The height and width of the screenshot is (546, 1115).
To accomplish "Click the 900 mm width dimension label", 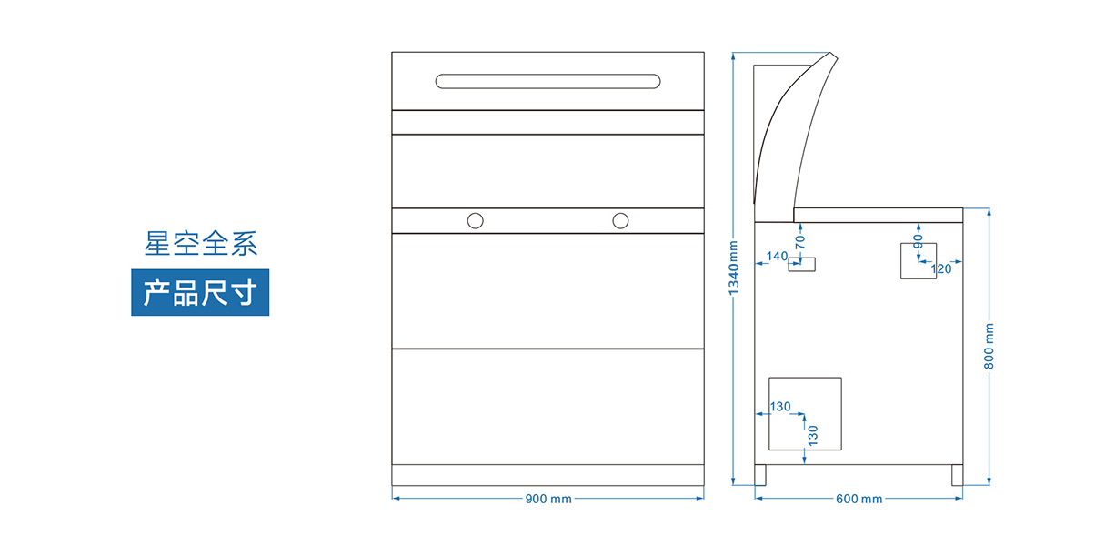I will (x=548, y=499).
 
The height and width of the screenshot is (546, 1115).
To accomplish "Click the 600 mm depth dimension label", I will (x=859, y=499).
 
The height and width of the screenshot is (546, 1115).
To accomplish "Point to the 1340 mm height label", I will (x=735, y=267).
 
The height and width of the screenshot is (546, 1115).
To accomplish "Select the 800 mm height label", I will (x=989, y=347).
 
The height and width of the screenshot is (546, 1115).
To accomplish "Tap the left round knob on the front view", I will (x=475, y=220).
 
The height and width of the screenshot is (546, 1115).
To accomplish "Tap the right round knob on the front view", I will (x=620, y=220).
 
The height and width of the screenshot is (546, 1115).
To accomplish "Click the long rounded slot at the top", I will (x=548, y=81).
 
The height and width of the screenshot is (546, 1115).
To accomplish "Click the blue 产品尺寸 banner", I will (x=200, y=293).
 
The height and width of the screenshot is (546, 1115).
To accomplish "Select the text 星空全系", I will (x=201, y=244).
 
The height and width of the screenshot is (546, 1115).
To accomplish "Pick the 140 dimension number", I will (x=777, y=257).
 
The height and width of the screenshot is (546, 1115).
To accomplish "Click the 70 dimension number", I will (x=800, y=242).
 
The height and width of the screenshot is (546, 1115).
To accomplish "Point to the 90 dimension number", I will (x=919, y=241).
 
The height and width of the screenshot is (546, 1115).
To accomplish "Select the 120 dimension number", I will (x=941, y=268).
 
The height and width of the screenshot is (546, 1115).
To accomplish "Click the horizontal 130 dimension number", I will (x=780, y=407).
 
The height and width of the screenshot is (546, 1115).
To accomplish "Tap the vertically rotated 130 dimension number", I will (x=813, y=435).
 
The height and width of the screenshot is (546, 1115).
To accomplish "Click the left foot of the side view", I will (x=760, y=475).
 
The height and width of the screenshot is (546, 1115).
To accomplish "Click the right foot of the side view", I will (x=958, y=475).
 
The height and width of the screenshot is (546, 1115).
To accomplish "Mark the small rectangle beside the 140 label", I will (x=802, y=265).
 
